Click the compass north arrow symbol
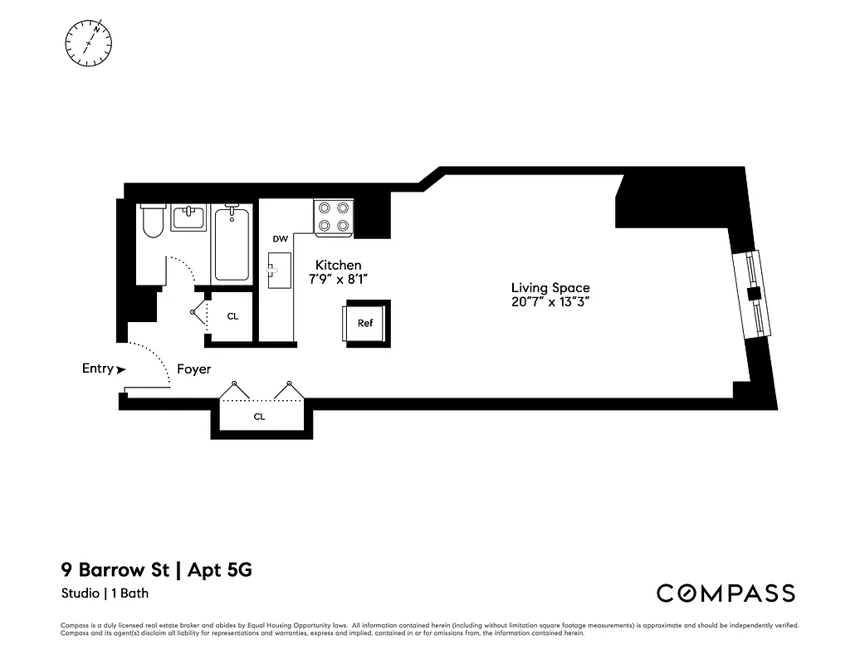[89, 41]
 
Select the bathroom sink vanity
[188, 219]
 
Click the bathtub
[232, 244]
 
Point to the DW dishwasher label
[280, 239]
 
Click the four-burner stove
[334, 217]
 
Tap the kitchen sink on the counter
[279, 270]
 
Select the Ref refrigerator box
[365, 323]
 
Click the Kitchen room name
[338, 266]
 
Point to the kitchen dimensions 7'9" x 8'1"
[338, 281]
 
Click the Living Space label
[550, 288]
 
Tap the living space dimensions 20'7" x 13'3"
[550, 303]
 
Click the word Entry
[97, 369]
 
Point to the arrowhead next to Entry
[122, 369]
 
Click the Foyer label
[193, 369]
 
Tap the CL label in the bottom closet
[259, 417]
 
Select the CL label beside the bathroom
[232, 316]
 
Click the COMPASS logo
[726, 593]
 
